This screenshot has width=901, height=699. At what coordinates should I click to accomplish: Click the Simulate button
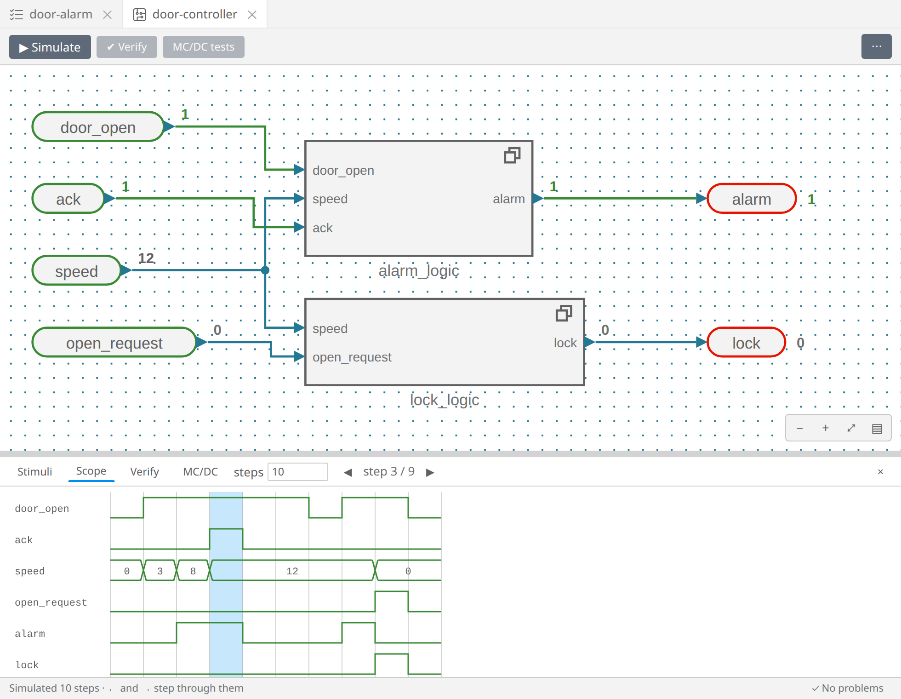click(50, 47)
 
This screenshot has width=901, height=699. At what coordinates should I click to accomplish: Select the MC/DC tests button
click(203, 47)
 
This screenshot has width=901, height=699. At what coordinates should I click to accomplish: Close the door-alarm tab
click(108, 15)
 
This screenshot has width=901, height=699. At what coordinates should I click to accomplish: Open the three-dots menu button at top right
click(876, 46)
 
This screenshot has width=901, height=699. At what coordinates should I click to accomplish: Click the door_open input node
click(98, 127)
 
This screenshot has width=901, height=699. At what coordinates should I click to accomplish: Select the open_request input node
click(114, 343)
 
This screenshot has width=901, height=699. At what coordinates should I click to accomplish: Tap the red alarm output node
click(752, 199)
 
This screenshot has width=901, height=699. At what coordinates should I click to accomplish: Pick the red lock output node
click(746, 343)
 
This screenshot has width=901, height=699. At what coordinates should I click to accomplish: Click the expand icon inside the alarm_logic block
click(512, 155)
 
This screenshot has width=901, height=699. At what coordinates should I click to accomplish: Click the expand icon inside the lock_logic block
click(564, 314)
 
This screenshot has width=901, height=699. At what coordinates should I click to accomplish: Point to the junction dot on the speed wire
click(265, 270)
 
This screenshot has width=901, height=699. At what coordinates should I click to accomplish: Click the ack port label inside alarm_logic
click(322, 228)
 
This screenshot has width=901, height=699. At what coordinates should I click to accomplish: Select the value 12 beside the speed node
click(146, 258)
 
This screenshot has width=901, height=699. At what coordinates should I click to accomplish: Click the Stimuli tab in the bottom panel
click(34, 471)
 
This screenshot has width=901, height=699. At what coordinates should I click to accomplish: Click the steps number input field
click(297, 472)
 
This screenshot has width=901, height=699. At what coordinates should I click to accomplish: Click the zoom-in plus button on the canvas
click(826, 428)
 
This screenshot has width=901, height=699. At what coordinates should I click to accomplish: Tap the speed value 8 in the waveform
click(193, 571)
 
